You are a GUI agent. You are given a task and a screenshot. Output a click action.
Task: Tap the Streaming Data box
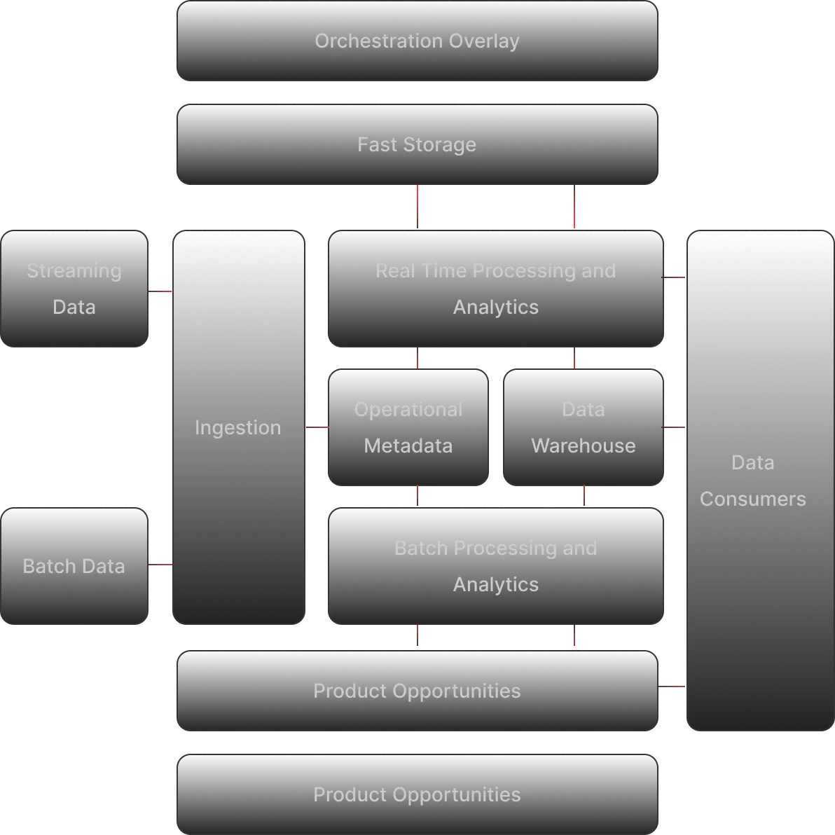[74, 289]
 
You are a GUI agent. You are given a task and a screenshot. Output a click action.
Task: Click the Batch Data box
[74, 566]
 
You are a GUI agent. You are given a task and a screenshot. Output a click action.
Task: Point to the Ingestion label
[237, 427]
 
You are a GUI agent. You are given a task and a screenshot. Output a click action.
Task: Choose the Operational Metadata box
[408, 427]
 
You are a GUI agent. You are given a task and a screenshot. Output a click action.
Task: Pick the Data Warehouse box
[584, 427]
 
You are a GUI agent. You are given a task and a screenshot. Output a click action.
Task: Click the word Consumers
[752, 499]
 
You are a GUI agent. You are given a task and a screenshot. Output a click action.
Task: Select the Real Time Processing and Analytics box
[496, 289]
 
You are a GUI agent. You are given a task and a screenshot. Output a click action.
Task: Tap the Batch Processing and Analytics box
[496, 566]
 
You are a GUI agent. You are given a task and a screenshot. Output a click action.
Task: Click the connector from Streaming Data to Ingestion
[161, 291]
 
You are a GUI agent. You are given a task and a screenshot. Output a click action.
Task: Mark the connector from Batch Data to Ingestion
[161, 563]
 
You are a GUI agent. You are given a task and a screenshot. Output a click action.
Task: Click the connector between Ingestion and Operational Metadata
[318, 428]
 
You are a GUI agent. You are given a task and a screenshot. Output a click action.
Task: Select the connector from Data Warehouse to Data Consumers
[674, 428]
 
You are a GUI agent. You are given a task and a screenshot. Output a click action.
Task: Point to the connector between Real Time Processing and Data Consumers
[674, 277]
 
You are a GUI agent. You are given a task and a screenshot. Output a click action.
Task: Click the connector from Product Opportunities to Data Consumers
[672, 686]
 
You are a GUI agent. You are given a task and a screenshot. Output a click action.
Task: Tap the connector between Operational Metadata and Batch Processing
[417, 496]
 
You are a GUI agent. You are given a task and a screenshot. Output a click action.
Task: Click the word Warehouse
[584, 446]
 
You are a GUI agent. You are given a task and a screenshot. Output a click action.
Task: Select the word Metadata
[408, 446]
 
